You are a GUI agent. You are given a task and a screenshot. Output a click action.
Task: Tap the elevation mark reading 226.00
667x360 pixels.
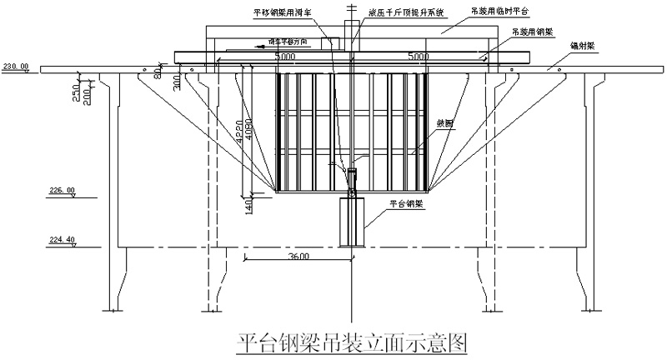point(62,190)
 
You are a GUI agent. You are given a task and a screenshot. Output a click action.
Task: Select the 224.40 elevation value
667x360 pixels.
point(62,240)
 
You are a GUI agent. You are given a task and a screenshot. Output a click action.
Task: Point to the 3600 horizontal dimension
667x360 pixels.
point(298,257)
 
